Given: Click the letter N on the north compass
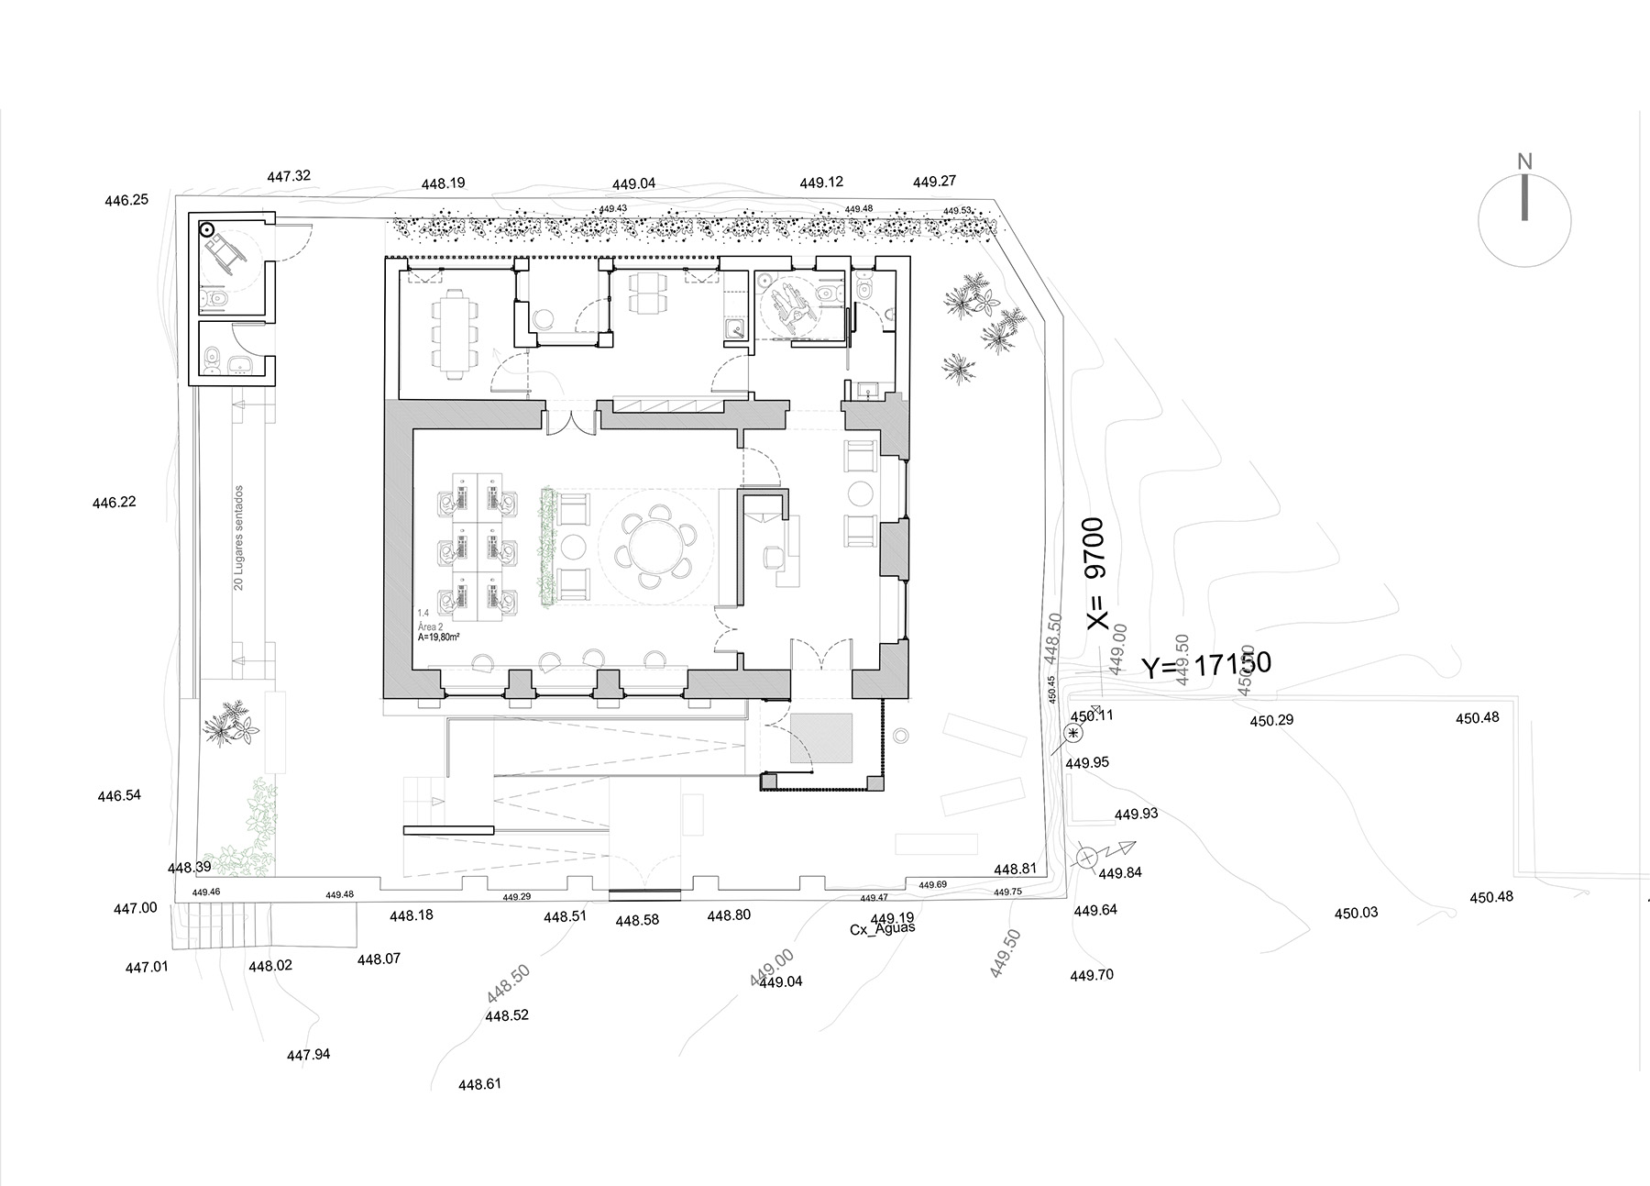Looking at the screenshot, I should (x=1524, y=162).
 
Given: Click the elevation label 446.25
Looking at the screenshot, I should (x=126, y=200).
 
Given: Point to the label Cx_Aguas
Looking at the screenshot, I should (x=883, y=928).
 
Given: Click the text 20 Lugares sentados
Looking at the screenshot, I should (x=238, y=538).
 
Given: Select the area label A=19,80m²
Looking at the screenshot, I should (x=437, y=636).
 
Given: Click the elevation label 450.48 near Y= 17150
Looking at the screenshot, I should (x=1477, y=718).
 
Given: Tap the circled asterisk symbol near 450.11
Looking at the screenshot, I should (x=1073, y=733).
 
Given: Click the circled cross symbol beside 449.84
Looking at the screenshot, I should (x=1086, y=859).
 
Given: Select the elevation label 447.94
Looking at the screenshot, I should (x=308, y=1055).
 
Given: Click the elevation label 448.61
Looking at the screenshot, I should (x=479, y=1084).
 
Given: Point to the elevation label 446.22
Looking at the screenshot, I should (x=114, y=503).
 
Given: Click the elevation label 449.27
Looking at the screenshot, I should (x=934, y=182).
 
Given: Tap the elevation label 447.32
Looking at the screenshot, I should (x=289, y=176).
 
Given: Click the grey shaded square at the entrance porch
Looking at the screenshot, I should (x=821, y=737).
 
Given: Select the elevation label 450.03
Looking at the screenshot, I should (x=1356, y=913).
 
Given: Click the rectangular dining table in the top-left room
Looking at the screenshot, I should (x=454, y=333).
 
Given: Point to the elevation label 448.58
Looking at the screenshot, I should (x=637, y=920).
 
